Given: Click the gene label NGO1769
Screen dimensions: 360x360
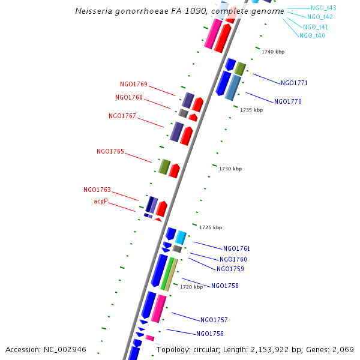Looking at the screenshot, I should [134, 85].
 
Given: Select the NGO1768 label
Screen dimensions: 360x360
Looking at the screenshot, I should [129, 97].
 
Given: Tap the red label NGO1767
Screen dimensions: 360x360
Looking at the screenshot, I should [122, 116].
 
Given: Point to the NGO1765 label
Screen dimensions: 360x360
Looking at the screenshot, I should [110, 151].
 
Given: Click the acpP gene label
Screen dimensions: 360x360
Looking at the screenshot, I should [101, 202].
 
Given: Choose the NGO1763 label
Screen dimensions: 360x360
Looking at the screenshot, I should [97, 190].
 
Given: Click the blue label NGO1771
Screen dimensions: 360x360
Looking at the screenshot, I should [294, 83].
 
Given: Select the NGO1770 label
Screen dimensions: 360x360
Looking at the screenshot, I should [288, 102].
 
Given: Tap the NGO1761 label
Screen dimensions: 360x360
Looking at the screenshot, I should [236, 248].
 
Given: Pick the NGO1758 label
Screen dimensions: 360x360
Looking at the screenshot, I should [225, 286].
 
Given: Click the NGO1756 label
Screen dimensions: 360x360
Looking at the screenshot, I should [210, 334].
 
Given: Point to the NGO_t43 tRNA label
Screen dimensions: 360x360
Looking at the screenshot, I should [324, 8].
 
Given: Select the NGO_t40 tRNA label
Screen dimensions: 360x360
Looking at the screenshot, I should [312, 36].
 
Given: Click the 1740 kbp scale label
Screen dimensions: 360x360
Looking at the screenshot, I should [273, 52].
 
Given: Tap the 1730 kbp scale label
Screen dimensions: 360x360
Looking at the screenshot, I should [230, 169].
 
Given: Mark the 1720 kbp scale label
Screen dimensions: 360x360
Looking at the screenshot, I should [191, 287].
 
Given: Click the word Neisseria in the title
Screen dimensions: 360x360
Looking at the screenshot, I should [96, 11].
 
